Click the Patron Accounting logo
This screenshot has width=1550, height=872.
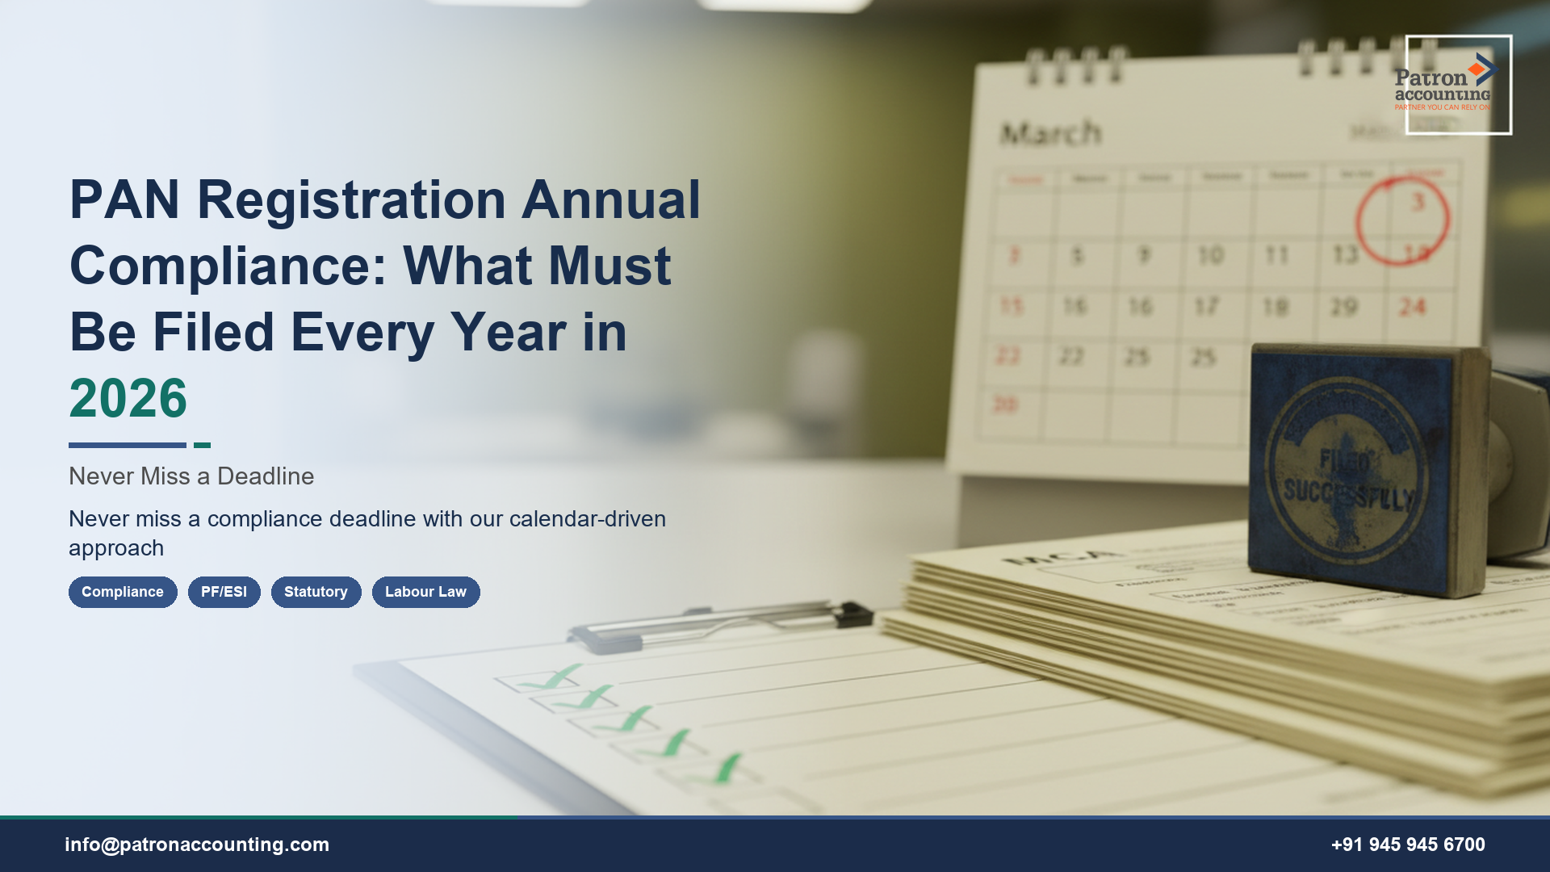1458,84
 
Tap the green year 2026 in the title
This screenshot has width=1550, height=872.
128,398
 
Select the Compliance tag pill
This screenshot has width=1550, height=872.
123,592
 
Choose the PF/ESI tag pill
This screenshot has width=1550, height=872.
224,592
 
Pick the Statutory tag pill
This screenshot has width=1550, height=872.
316,592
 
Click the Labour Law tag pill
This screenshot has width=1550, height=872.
425,592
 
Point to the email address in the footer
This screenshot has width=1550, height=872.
197,845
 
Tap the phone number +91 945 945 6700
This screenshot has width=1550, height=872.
1408,845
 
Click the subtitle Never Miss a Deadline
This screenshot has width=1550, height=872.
191,476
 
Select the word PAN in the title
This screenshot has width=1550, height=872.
124,199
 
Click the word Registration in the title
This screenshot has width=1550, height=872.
351,199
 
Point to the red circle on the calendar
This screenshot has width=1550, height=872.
1402,220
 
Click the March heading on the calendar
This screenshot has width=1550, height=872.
1050,133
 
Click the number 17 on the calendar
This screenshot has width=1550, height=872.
1206,307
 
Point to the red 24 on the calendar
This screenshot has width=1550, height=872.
1413,307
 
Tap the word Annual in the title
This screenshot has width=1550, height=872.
610,199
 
